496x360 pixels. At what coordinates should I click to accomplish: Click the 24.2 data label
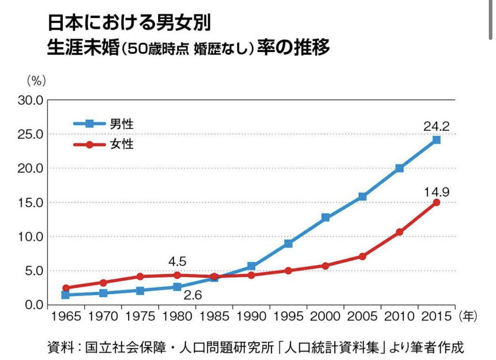tap(436, 127)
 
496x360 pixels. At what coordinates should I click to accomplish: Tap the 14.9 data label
tap(436, 192)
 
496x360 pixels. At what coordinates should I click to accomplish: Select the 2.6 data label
tap(193, 296)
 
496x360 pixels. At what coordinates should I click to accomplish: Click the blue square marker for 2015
tap(436, 140)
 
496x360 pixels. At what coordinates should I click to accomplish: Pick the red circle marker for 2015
tap(436, 202)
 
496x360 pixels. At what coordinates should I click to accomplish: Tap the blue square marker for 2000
tap(325, 218)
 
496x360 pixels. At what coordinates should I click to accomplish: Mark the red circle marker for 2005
tap(362, 256)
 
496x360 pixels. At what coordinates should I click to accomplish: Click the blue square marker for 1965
tap(65, 295)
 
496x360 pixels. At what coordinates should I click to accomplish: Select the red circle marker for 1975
tap(140, 276)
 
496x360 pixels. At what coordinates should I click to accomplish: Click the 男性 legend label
tap(121, 124)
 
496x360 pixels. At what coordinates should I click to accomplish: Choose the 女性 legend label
tap(121, 144)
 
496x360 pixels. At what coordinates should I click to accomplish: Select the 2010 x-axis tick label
tap(399, 316)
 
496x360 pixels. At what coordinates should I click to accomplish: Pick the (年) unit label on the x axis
tap(468, 316)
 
